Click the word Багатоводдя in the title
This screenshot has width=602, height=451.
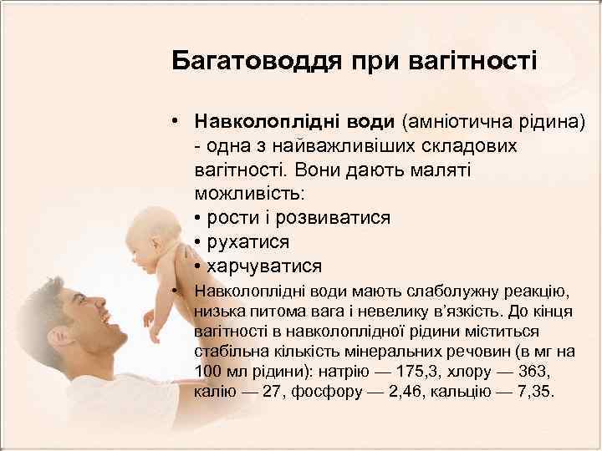click(x=239, y=62)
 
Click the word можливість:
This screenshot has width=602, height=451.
click(x=250, y=193)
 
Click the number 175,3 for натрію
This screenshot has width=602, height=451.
click(x=375, y=371)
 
